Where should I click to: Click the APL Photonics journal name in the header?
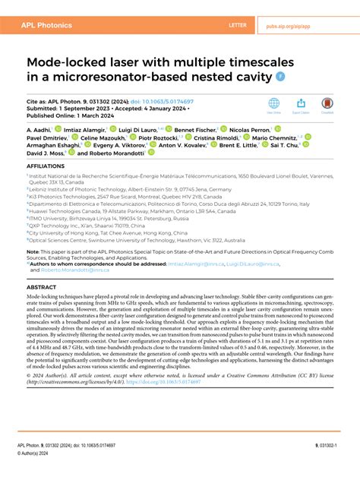click(48, 25)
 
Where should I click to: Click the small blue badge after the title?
click(281, 76)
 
